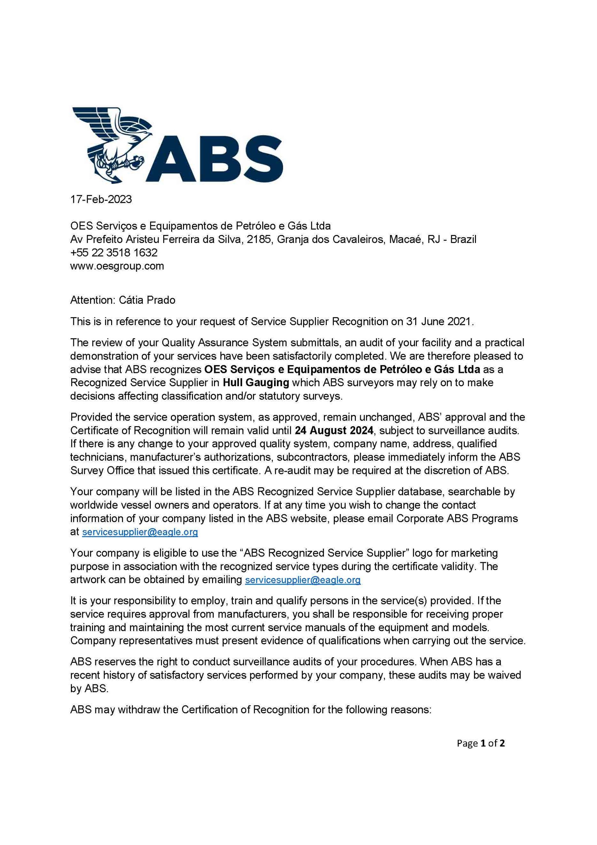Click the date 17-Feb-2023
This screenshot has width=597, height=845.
pyautogui.click(x=101, y=199)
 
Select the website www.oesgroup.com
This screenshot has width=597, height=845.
pyautogui.click(x=117, y=266)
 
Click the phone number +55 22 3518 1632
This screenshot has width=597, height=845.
pyautogui.click(x=114, y=253)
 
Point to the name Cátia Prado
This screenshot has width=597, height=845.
pyautogui.click(x=147, y=300)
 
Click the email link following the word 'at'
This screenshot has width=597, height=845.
pyautogui.click(x=140, y=532)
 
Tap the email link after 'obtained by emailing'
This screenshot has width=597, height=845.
pyautogui.click(x=303, y=580)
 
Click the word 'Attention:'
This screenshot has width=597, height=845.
pyautogui.click(x=93, y=300)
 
